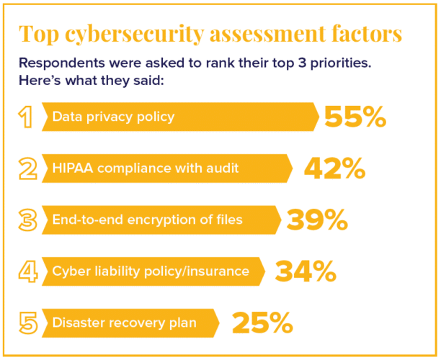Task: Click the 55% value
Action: [355, 117]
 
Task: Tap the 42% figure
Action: [334, 168]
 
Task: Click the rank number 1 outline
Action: [27, 117]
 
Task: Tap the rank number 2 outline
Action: [27, 168]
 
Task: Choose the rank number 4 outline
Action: [27, 271]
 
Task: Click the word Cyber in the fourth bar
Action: [69, 271]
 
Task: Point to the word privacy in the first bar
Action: [106, 117]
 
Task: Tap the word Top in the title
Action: [36, 34]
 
